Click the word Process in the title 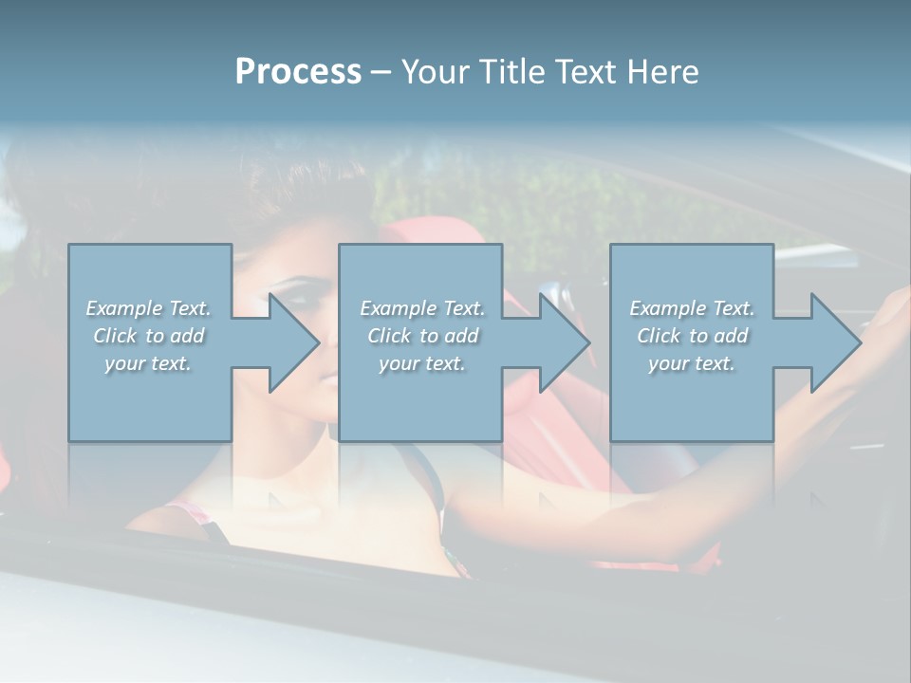(298, 72)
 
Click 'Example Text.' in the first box (148, 308)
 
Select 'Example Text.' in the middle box (422, 308)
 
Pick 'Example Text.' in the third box (692, 308)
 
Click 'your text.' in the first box (148, 363)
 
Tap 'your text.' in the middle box (422, 363)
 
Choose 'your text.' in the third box (692, 363)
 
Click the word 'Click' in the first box (114, 336)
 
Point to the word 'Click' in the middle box (388, 336)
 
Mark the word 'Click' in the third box (659, 336)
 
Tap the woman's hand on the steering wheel (887, 313)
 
